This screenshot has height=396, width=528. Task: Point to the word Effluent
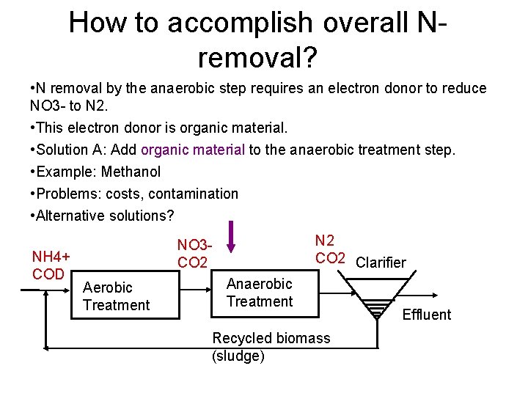tap(427, 315)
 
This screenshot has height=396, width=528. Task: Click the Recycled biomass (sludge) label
tap(271, 347)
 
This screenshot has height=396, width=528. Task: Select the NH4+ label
tap(51, 257)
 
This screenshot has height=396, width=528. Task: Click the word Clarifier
tap(380, 263)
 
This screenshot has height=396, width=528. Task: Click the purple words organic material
tap(193, 150)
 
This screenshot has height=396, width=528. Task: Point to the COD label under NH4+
tap(48, 274)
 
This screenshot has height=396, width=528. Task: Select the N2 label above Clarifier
tap(325, 241)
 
